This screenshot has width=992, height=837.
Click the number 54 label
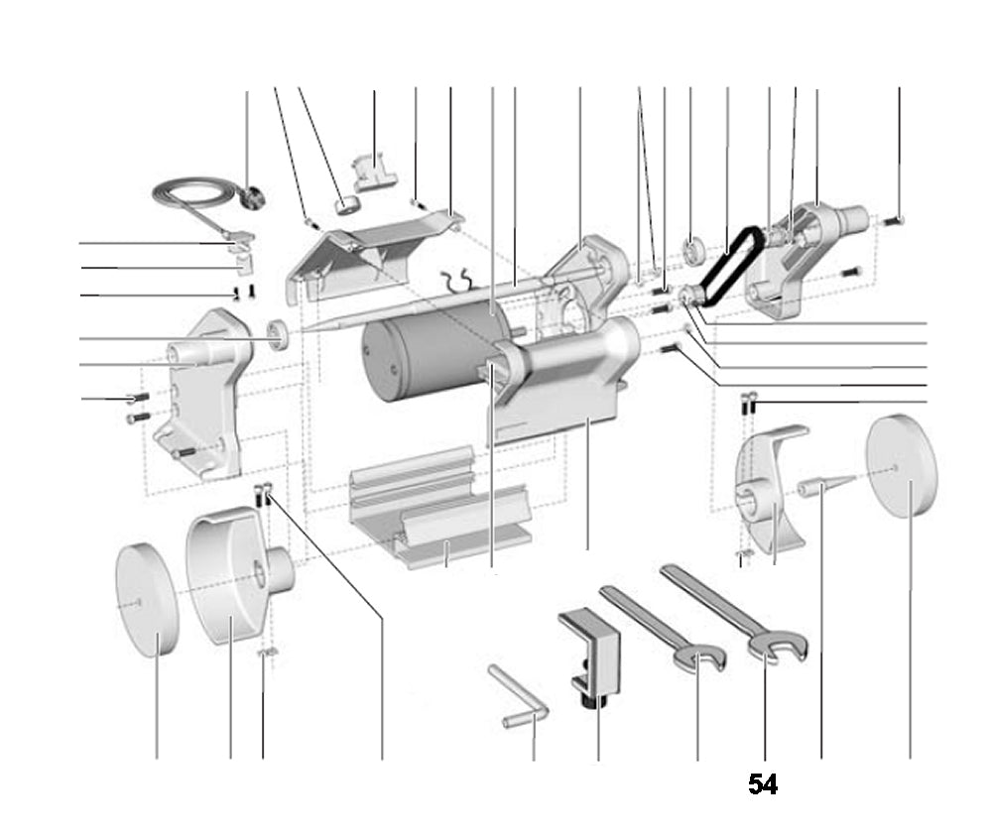coord(762,785)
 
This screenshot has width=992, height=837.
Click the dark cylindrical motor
coord(417,352)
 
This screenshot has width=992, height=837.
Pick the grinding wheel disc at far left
coord(146,599)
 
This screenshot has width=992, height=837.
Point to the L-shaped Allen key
coord(520,698)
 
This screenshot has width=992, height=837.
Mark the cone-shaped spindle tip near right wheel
coord(823,487)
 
